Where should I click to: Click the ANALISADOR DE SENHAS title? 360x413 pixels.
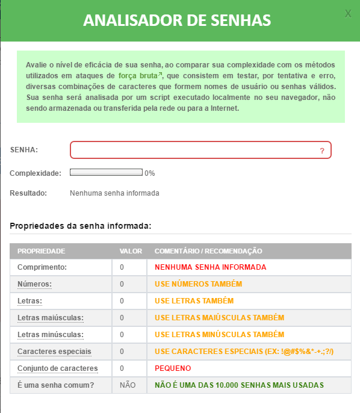(177, 20)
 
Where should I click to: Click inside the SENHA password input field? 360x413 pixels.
(193, 150)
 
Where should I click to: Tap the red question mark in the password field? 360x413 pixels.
(322, 151)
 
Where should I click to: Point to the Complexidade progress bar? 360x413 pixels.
(106, 173)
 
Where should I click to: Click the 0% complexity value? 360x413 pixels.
(150, 173)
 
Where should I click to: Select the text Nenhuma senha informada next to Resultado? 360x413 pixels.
(114, 194)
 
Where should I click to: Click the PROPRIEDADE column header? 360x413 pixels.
(41, 251)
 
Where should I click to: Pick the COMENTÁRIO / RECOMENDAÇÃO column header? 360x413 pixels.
(208, 251)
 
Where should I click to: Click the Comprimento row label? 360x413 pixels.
(42, 267)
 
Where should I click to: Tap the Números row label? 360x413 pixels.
(34, 284)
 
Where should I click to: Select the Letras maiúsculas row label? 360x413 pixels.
(50, 317)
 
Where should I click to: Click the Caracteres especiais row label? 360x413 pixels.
(55, 351)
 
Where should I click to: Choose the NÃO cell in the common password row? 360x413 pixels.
(128, 385)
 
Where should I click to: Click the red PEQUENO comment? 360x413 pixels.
(173, 368)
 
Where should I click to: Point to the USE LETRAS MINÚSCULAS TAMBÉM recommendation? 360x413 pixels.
(219, 334)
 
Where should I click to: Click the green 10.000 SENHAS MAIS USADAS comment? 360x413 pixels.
(239, 385)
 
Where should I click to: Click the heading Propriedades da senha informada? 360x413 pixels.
(80, 226)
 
